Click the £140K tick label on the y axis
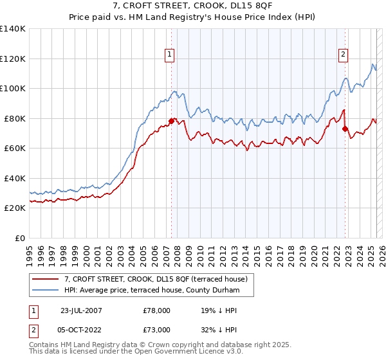click(13, 29)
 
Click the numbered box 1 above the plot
click(169, 55)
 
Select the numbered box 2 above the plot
click(344, 55)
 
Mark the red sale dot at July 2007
click(172, 121)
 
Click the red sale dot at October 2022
click(345, 129)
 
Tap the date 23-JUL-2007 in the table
click(82, 310)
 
